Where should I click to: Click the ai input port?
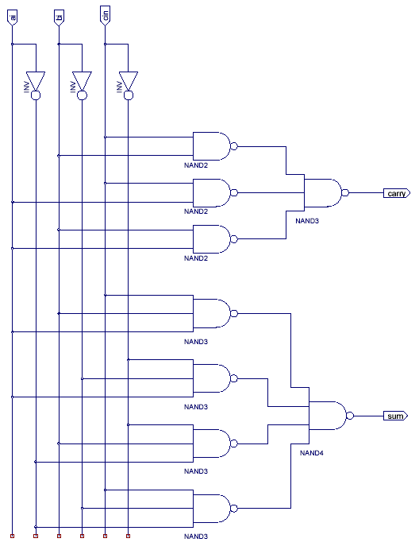pos(12,17)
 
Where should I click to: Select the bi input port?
pos(59,17)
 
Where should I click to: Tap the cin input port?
pos(105,15)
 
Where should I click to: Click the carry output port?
pos(397,193)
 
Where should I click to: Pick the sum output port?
pos(395,416)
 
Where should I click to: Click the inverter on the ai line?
pos(36,86)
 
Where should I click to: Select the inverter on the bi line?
pos(82,86)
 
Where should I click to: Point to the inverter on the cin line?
pos(129,86)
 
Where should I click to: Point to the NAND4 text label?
pos(311,453)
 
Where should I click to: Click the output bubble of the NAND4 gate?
pos(350,416)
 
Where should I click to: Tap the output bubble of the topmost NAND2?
pos(234,146)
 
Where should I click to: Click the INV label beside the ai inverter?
pos(27,87)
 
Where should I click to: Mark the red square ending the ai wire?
pos(12,536)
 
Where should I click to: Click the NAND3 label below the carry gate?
pos(307,221)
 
